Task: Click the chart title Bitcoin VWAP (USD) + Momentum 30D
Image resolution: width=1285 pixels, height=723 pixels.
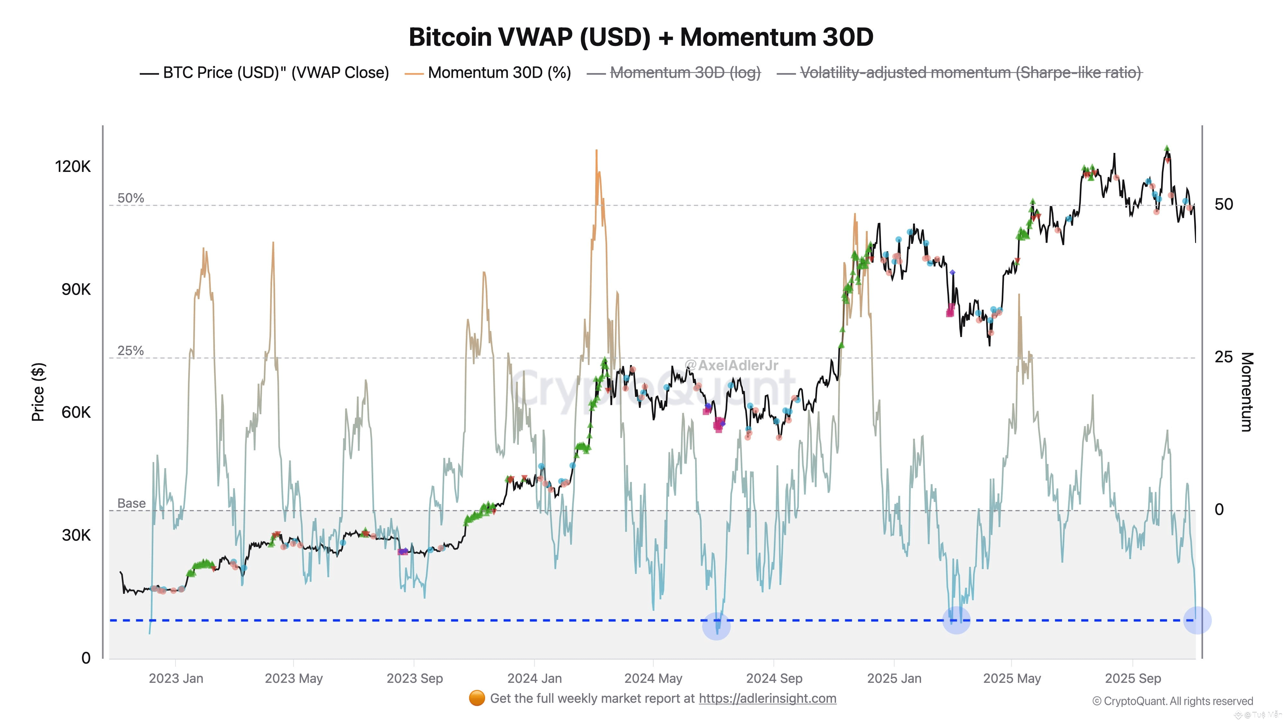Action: coord(641,37)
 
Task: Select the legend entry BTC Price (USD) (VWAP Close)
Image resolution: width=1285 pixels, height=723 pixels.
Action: coord(275,73)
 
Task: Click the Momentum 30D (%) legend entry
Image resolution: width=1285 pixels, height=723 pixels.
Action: coord(499,73)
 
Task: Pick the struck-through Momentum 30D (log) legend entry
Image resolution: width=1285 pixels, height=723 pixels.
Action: coord(685,73)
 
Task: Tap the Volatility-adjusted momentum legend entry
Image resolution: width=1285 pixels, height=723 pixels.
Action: coord(970,73)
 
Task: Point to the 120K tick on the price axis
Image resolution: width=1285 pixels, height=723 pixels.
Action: coord(73,166)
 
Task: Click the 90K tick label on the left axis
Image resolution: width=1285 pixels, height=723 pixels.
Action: coord(76,290)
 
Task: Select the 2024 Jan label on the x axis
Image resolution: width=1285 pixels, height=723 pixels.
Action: coord(534,679)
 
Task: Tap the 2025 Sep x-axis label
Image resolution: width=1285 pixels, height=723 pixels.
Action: coord(1133,679)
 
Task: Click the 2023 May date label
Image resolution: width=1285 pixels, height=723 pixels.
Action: coord(294,679)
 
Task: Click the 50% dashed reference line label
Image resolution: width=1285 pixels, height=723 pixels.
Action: coord(131,198)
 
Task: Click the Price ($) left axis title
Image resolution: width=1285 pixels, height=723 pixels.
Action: coord(38,392)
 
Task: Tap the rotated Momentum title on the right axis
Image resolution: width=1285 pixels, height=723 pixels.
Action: coord(1246,392)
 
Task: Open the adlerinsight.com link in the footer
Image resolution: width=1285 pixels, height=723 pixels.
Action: coord(767,699)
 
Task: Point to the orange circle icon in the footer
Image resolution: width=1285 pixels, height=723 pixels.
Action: coord(477,699)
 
